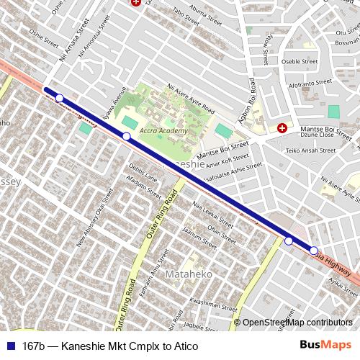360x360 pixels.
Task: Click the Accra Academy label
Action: coord(163,131)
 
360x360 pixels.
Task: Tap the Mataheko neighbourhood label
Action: coord(187,275)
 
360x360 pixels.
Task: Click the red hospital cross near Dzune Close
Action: coord(282,129)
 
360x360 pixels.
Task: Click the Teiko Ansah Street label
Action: coord(311,150)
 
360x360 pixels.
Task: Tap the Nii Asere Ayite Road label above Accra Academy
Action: coord(191,99)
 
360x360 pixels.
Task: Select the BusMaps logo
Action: coord(326,346)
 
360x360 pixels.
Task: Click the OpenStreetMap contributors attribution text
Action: coord(297,323)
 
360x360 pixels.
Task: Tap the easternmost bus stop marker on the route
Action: coord(314,250)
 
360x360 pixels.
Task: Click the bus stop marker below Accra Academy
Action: coord(126,136)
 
